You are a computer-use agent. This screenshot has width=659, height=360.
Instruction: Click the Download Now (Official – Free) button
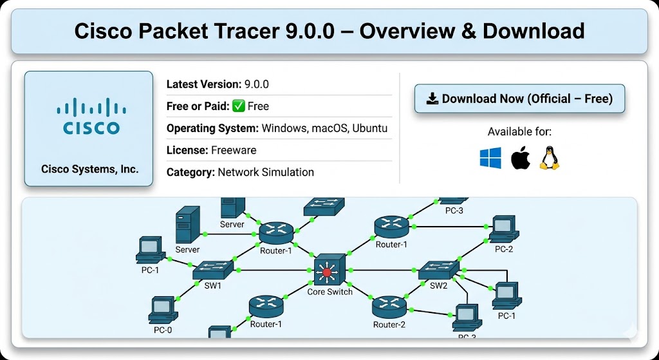pos(519,99)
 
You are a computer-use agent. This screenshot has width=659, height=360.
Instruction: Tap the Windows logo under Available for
pos(490,158)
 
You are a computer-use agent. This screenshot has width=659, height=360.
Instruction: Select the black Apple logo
pos(520,158)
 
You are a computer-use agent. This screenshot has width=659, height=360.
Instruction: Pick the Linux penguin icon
pos(549,158)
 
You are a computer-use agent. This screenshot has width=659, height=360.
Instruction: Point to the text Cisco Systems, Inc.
pos(89,169)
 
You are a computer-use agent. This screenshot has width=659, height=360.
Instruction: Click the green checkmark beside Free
pos(238,106)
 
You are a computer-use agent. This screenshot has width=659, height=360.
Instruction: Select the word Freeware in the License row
pos(234,150)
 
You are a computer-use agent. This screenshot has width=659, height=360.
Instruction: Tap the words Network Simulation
pos(266,172)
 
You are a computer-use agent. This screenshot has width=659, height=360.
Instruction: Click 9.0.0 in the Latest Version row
pos(256,84)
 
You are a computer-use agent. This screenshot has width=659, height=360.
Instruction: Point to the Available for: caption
pos(519,132)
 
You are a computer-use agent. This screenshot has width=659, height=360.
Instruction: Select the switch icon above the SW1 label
pos(212,270)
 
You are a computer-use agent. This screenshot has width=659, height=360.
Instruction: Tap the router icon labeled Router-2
pos(389,306)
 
